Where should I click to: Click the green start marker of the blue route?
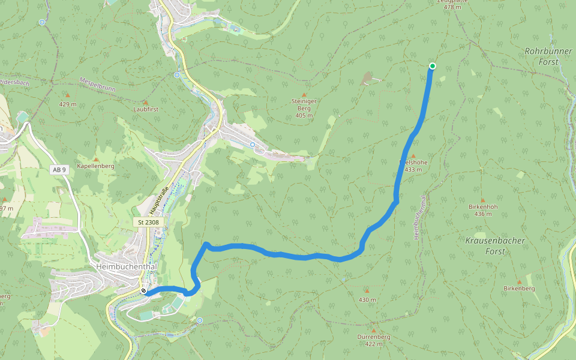coord(432,66)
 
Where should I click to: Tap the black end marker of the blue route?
coord(144,292)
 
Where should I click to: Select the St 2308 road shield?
coord(147,222)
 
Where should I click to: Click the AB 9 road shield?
coord(58,170)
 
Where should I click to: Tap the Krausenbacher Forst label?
coord(495,246)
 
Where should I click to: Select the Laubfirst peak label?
coord(145,110)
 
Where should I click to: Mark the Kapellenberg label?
coord(95,166)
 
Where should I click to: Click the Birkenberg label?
coord(519,289)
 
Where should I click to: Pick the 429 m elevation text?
coord(68,104)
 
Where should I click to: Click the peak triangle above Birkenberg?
coord(519,281)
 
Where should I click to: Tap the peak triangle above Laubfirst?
coord(145,102)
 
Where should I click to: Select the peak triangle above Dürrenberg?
coord(373,329)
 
